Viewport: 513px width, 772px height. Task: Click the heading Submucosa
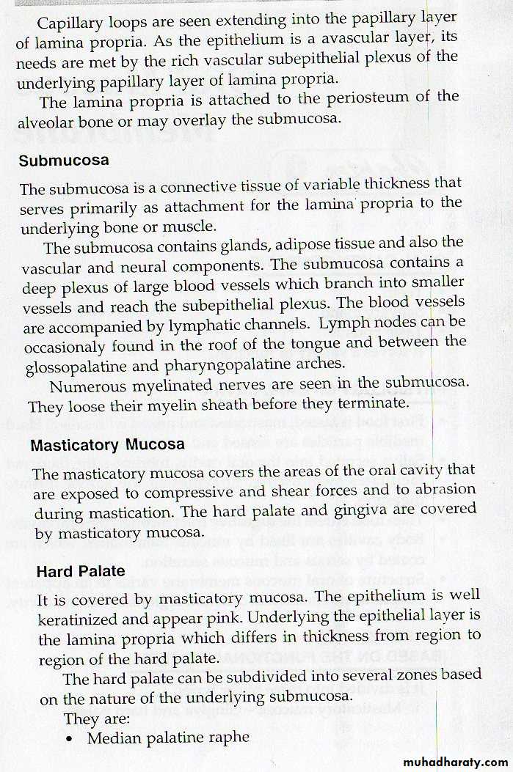click(x=64, y=161)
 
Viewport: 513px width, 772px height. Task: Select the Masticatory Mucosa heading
click(x=107, y=444)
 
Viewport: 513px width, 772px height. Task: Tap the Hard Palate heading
click(x=81, y=570)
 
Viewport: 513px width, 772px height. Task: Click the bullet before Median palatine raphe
click(x=69, y=739)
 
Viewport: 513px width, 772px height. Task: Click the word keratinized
click(x=80, y=620)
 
